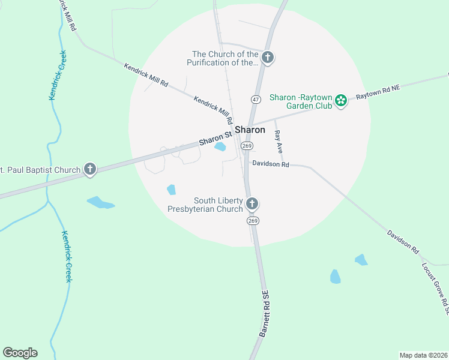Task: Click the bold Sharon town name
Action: pos(250,130)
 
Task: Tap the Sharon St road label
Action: pos(215,139)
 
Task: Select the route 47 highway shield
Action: pos(256,98)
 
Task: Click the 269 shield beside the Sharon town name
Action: pos(247,146)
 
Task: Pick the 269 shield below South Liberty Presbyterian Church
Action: pos(252,221)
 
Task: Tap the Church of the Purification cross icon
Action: pos(268,58)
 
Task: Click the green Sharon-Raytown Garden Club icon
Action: pos(341,100)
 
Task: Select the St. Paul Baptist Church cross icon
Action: pos(90,169)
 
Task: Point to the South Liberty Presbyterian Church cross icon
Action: pos(252,204)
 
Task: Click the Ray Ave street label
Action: pos(278,140)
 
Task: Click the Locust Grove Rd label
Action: pos(435,288)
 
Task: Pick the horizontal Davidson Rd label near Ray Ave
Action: pos(271,164)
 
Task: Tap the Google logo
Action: pos(20,353)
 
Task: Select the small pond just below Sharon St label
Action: pos(220,147)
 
